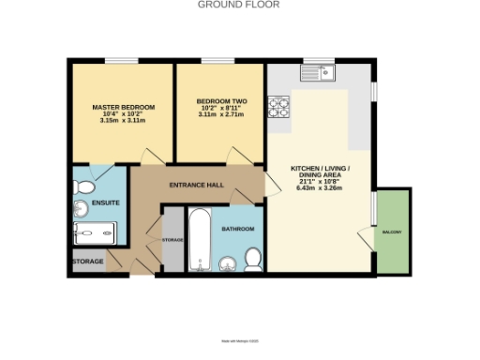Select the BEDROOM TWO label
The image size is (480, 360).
pyautogui.click(x=219, y=101)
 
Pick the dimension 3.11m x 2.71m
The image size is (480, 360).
pyautogui.click(x=219, y=114)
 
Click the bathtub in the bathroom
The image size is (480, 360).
pyautogui.click(x=200, y=239)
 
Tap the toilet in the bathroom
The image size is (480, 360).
pyautogui.click(x=250, y=258)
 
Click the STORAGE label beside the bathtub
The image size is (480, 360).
pyautogui.click(x=172, y=240)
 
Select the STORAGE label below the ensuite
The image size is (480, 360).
pyautogui.click(x=89, y=262)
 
